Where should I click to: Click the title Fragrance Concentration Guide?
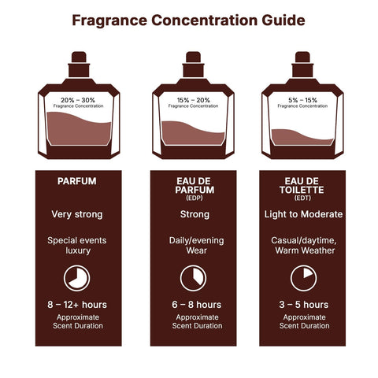point(188,20)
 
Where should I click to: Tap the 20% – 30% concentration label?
point(77,100)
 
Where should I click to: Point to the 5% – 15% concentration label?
point(302,100)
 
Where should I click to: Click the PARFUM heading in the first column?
point(77,181)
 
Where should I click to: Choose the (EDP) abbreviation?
point(193,197)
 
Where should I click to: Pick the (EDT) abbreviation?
point(302,197)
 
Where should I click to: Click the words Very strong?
point(77,214)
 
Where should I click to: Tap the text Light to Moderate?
point(302,214)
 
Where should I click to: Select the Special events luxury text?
point(77,245)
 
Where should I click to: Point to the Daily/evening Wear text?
point(193,245)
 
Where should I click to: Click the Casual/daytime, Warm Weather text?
point(302,245)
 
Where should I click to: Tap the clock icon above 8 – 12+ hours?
point(77,278)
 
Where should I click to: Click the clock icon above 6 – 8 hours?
point(193,278)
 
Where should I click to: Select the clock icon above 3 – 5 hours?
point(302,278)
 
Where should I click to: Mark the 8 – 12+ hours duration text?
point(77,304)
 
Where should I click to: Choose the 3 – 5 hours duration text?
point(302,304)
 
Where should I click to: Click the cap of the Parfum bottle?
point(77,58)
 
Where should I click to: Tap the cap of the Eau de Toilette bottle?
point(302,58)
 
